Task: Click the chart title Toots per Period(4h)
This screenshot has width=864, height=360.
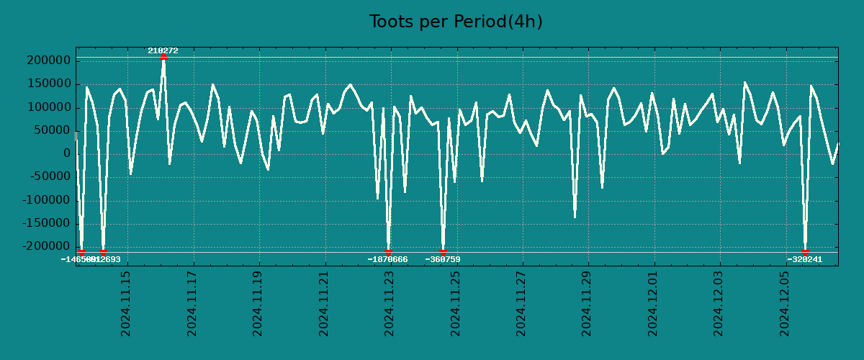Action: (x=456, y=22)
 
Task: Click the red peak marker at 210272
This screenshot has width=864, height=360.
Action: (x=163, y=56)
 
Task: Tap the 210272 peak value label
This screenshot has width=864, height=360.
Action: (x=163, y=50)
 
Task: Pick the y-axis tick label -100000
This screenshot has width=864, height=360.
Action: (x=44, y=201)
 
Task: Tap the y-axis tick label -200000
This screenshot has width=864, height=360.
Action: (x=44, y=247)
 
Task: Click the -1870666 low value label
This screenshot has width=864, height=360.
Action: (x=387, y=259)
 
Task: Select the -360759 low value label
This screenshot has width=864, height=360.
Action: (x=443, y=259)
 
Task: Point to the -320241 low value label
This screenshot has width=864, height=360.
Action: (x=804, y=259)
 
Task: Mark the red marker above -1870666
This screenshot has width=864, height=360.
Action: (x=388, y=252)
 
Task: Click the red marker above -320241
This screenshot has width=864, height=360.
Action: (x=805, y=252)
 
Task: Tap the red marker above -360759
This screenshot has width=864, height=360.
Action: (x=443, y=252)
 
